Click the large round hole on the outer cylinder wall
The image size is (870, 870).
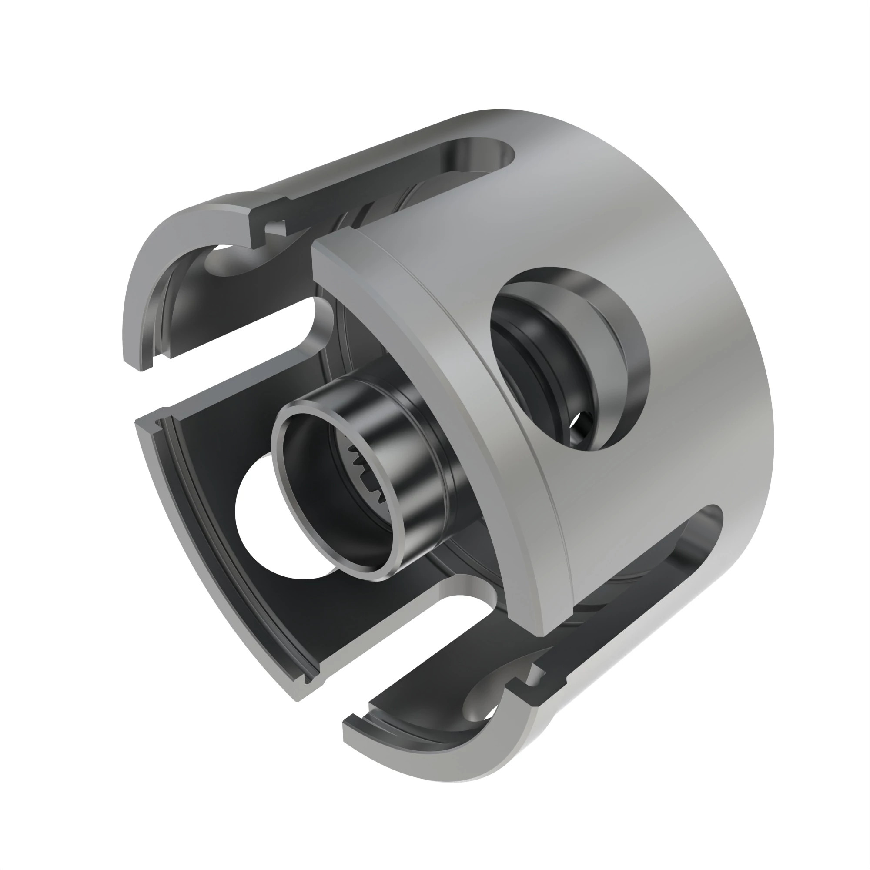[x=559, y=360]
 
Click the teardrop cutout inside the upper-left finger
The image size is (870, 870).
[x=230, y=261]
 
